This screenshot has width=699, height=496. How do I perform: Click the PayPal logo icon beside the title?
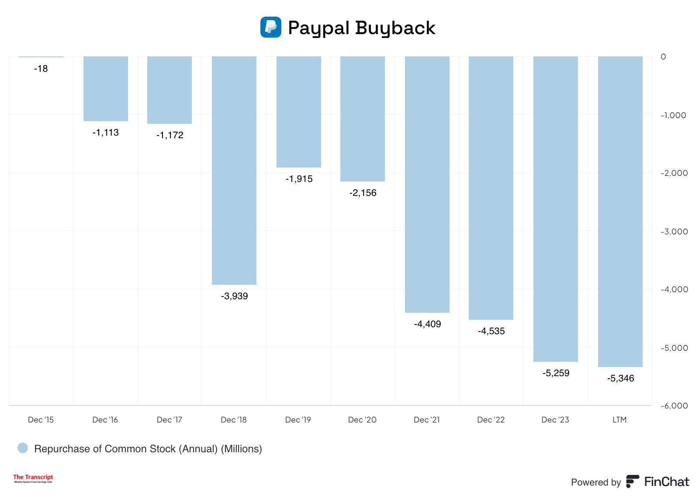click(270, 27)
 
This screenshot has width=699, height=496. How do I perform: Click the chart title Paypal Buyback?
click(361, 28)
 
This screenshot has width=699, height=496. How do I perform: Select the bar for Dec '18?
click(234, 171)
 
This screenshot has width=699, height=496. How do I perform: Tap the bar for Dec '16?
click(105, 89)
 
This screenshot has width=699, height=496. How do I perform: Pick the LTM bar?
click(620, 211)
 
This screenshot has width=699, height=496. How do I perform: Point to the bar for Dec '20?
click(362, 119)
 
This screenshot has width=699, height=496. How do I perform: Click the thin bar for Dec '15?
click(41, 56)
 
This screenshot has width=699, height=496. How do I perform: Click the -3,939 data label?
click(234, 296)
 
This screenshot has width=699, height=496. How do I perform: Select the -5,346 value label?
click(620, 378)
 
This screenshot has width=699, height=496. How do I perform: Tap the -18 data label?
click(41, 69)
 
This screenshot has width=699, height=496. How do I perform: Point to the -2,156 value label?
click(363, 193)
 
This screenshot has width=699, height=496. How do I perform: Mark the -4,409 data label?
click(427, 324)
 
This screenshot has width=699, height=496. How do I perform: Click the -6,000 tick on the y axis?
click(674, 406)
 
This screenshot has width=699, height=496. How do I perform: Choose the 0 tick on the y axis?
click(663, 57)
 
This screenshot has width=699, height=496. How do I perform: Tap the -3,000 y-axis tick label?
click(674, 232)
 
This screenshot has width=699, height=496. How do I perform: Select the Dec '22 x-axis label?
click(491, 420)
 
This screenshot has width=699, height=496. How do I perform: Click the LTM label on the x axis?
click(619, 420)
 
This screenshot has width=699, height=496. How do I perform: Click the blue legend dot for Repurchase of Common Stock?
click(23, 448)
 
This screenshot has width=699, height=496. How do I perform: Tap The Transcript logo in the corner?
click(33, 478)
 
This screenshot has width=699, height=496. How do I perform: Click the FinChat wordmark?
click(666, 482)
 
